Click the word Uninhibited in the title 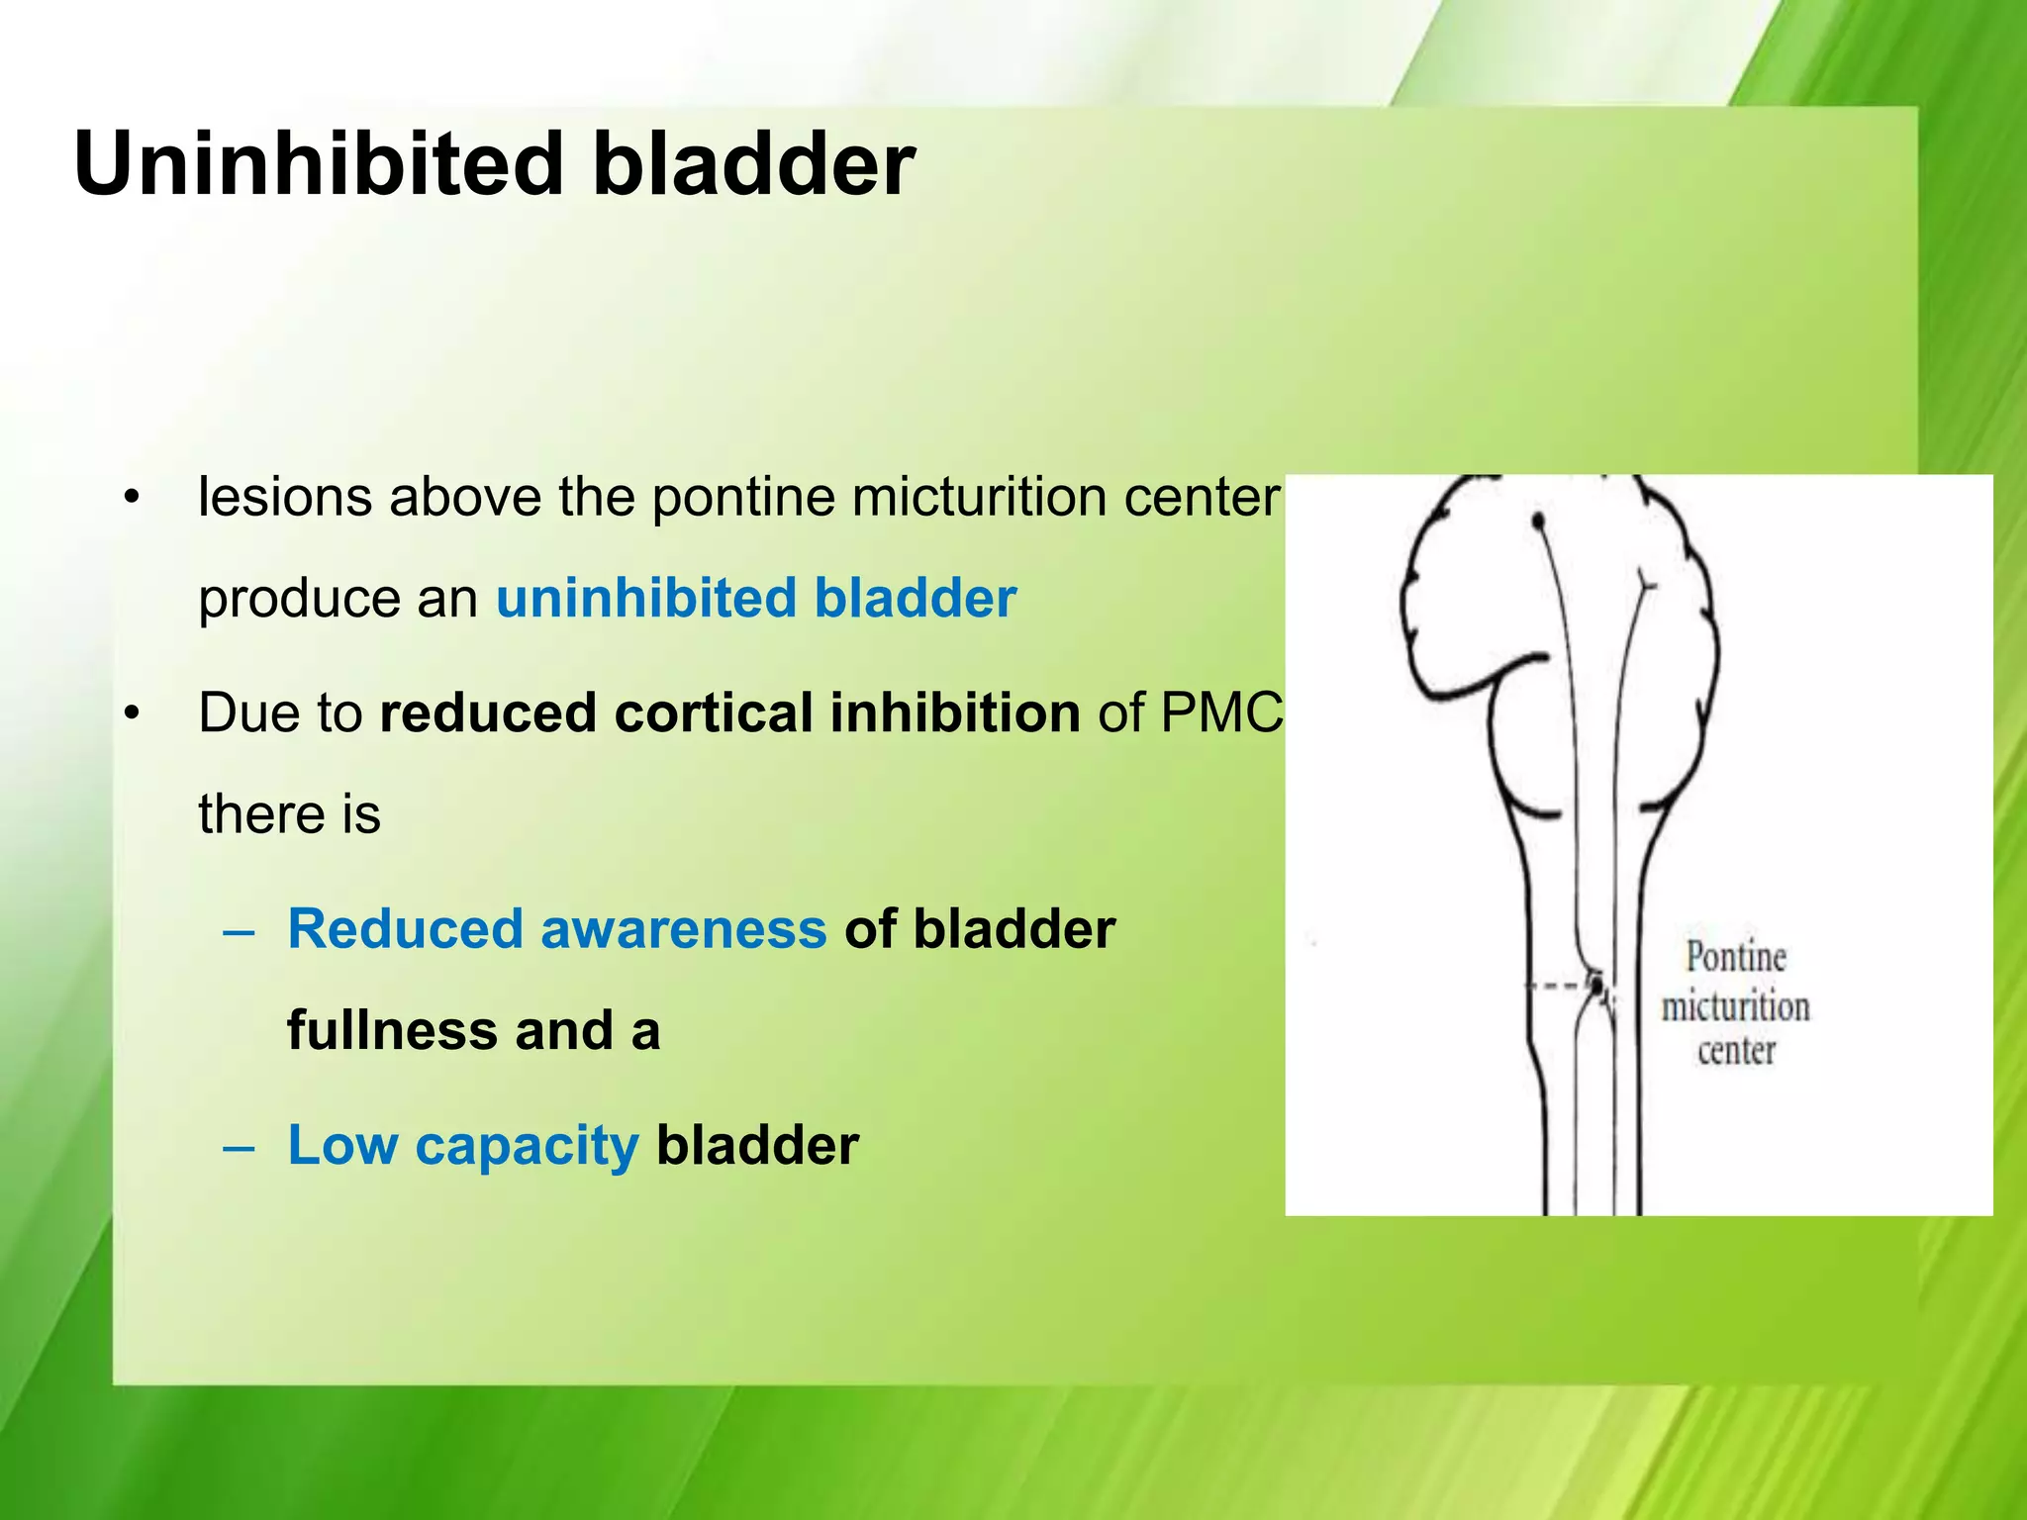(x=317, y=163)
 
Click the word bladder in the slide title (x=752, y=163)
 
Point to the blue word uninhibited (x=645, y=599)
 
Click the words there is (x=289, y=814)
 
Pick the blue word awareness (x=683, y=929)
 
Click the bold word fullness (x=392, y=1031)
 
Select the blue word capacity (x=527, y=1146)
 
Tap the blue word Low (x=342, y=1146)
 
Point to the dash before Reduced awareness (x=239, y=931)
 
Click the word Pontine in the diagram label (x=1736, y=958)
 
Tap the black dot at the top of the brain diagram (x=1537, y=521)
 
